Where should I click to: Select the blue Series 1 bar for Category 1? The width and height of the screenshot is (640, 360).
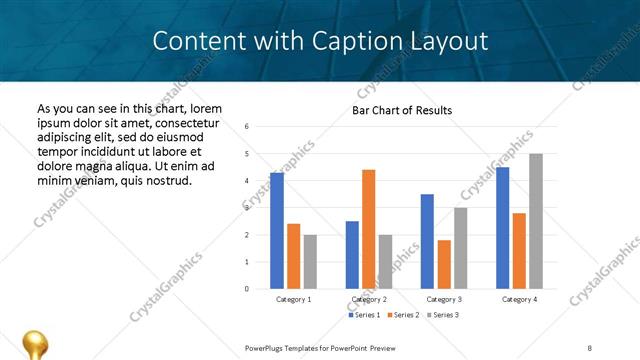click(x=277, y=231)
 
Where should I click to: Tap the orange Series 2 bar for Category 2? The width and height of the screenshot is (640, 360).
click(x=368, y=229)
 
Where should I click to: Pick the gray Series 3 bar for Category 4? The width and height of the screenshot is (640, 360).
click(x=536, y=221)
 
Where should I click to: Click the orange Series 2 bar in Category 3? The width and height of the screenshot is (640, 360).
click(x=444, y=264)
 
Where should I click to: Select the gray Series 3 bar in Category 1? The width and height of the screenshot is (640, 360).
click(x=310, y=262)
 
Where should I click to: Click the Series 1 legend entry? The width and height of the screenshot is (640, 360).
click(x=363, y=315)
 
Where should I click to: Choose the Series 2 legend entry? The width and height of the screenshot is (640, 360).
click(x=402, y=315)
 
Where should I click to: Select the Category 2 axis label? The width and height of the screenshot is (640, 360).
click(x=368, y=300)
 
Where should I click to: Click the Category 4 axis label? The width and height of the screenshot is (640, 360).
click(x=519, y=300)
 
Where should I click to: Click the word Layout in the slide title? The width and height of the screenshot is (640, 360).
click(x=448, y=41)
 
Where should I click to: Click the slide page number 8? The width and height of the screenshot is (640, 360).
click(x=590, y=347)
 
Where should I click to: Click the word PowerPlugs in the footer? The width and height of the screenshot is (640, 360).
click(x=265, y=347)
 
